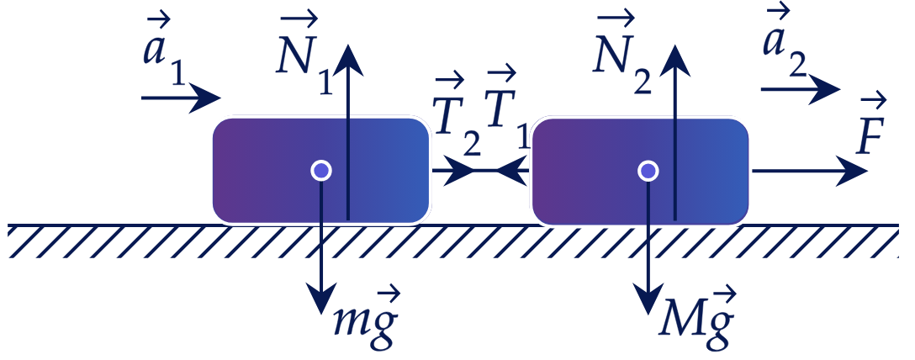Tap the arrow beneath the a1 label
pos(181,98)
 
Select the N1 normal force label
pos(304,55)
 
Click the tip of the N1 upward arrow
pos(349,45)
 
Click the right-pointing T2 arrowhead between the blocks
pos(458,171)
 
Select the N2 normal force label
pos(621,55)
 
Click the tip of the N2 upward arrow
pos(676,45)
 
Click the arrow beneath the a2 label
pos(801,89)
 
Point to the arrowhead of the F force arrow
pos(852,171)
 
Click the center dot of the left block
pos(321,171)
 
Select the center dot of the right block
pos(648,171)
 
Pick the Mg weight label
pos(696,318)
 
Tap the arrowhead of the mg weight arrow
pos(321,300)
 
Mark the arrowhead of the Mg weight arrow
pos(648,300)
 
